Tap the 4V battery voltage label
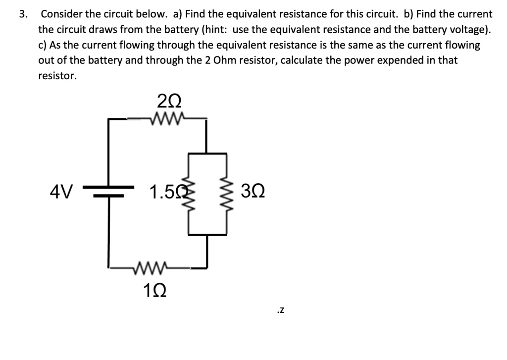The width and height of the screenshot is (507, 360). (x=62, y=191)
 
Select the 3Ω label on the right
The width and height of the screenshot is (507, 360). (x=253, y=191)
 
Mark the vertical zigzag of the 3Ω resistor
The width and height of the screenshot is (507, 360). (x=227, y=194)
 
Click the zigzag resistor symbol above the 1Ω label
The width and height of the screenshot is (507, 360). (x=154, y=268)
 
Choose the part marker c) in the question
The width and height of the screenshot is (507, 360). (x=43, y=45)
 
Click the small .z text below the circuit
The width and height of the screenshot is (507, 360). (x=280, y=311)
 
